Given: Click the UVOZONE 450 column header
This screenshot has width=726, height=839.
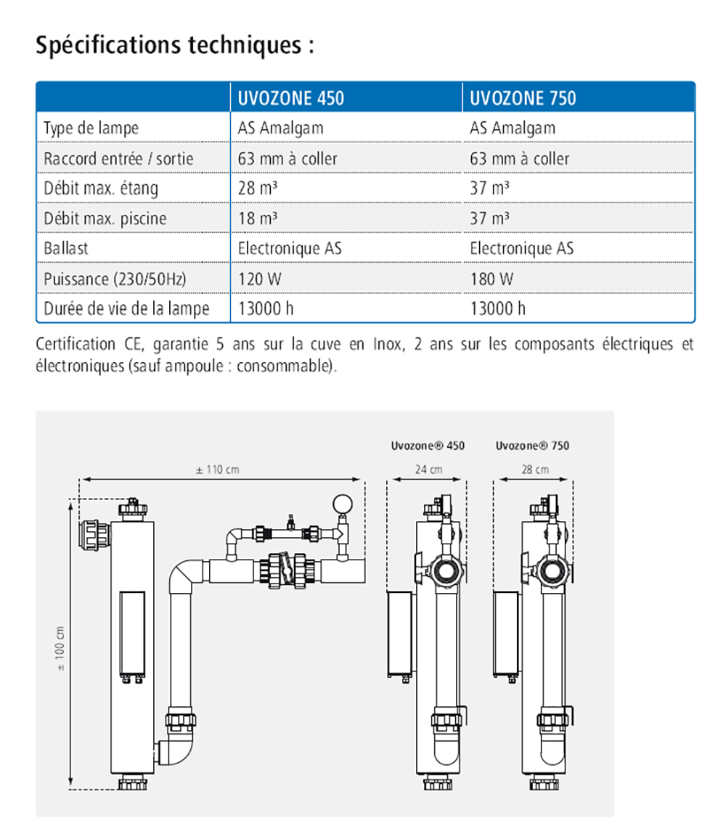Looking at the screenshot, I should click(290, 98).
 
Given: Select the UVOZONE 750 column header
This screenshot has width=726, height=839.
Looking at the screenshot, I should click(523, 98).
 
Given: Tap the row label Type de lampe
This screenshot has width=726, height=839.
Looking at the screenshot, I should click(91, 128).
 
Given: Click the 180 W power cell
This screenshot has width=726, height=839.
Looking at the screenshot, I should click(492, 278).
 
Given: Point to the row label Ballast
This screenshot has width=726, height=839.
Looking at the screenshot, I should click(66, 248).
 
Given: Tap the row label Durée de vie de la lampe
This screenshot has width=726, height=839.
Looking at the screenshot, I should click(126, 308).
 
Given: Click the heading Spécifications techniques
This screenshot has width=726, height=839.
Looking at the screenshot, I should click(175, 45).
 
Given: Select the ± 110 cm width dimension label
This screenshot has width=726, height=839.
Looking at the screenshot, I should click(217, 470).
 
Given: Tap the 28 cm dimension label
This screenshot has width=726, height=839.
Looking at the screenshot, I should click(535, 470).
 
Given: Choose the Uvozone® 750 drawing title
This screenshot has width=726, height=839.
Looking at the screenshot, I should click(532, 446).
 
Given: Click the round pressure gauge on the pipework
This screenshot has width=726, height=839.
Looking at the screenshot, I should click(340, 503).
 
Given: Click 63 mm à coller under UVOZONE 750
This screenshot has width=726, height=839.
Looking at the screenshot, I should click(519, 158).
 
